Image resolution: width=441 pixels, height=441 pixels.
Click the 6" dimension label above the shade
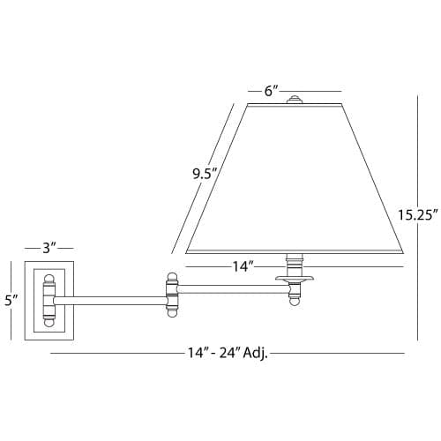pyautogui.click(x=271, y=91)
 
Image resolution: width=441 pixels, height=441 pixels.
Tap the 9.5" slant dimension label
pyautogui.click(x=205, y=175)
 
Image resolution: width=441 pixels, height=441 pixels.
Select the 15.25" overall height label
pyautogui.click(x=418, y=214)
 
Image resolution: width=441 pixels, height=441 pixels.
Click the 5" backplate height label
pyautogui.click(x=11, y=300)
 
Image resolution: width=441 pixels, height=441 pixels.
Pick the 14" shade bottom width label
pyautogui.click(x=243, y=267)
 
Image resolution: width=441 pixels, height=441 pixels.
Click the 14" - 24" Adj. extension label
pyautogui.click(x=228, y=353)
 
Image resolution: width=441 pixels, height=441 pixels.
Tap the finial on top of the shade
pyautogui.click(x=295, y=99)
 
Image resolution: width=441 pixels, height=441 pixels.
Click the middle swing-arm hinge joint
pyautogui.click(x=172, y=295)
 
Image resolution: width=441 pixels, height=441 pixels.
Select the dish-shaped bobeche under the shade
pyautogui.click(x=295, y=278)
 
